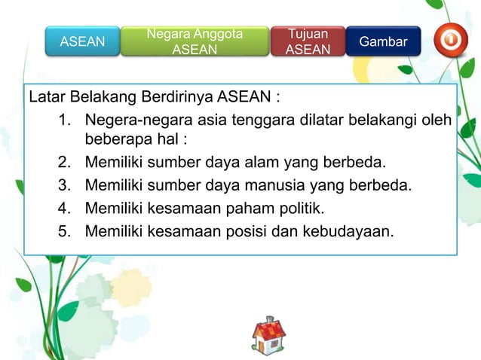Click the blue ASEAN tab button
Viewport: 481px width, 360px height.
(82, 41)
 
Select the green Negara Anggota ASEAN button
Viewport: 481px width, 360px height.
(195, 41)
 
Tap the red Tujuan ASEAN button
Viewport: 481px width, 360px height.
(308, 41)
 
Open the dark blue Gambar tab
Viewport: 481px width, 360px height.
(383, 41)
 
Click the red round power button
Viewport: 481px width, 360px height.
(450, 39)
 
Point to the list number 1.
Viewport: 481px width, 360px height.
(63, 121)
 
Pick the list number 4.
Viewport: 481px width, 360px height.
(63, 207)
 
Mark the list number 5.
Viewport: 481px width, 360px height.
(63, 230)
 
